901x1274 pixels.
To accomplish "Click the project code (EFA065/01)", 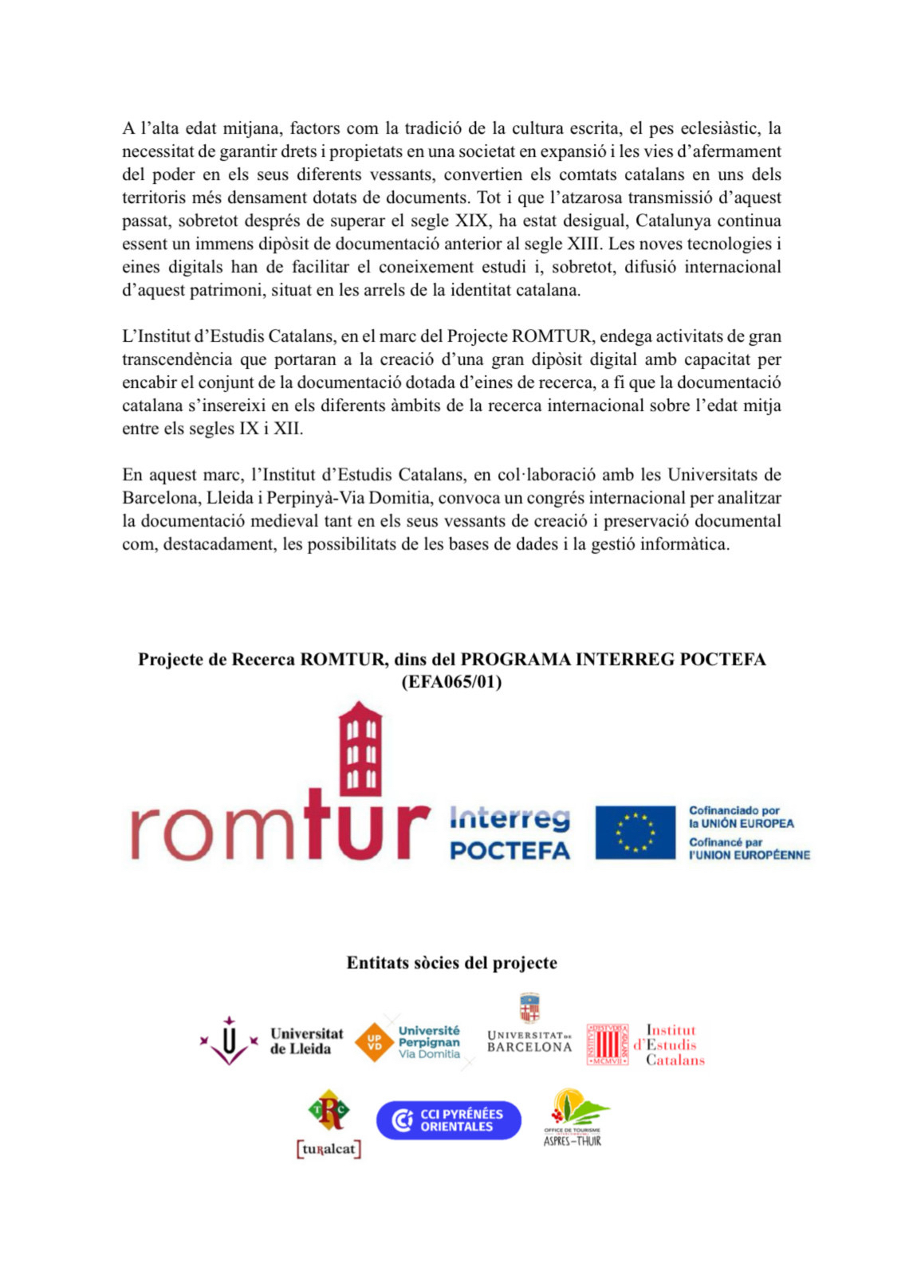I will [451, 682].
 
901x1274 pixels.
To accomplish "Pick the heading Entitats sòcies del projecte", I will [451, 962].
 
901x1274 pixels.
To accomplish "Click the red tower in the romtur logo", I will [360, 749].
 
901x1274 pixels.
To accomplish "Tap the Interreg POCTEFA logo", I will [510, 833].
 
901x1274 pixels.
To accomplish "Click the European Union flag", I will [635, 833].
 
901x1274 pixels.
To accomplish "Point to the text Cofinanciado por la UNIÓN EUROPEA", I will [741, 817].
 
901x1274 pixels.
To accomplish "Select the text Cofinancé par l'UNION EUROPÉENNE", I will [749, 849].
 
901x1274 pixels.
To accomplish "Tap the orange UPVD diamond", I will [374, 1042].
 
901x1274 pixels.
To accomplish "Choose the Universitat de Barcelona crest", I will [529, 1008].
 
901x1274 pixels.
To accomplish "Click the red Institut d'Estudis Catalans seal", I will [608, 1045].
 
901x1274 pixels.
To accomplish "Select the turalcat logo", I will [329, 1123].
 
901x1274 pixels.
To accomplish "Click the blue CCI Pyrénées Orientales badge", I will [448, 1120].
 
